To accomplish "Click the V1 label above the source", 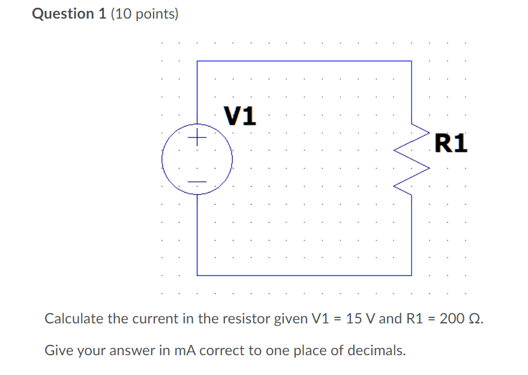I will [239, 115].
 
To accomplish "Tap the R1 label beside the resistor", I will [450, 143].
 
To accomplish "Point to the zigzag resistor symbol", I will [412, 160].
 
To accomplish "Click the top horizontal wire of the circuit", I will [304, 61].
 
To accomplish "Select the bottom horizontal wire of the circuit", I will [304, 275].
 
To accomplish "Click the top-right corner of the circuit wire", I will [412, 61].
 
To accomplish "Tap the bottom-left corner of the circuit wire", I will [197, 275].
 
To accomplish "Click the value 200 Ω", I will [460, 318].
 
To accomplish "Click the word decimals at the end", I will [379, 350].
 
